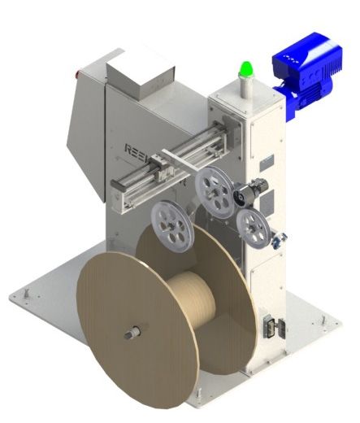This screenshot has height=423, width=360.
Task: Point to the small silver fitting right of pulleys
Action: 280,238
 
